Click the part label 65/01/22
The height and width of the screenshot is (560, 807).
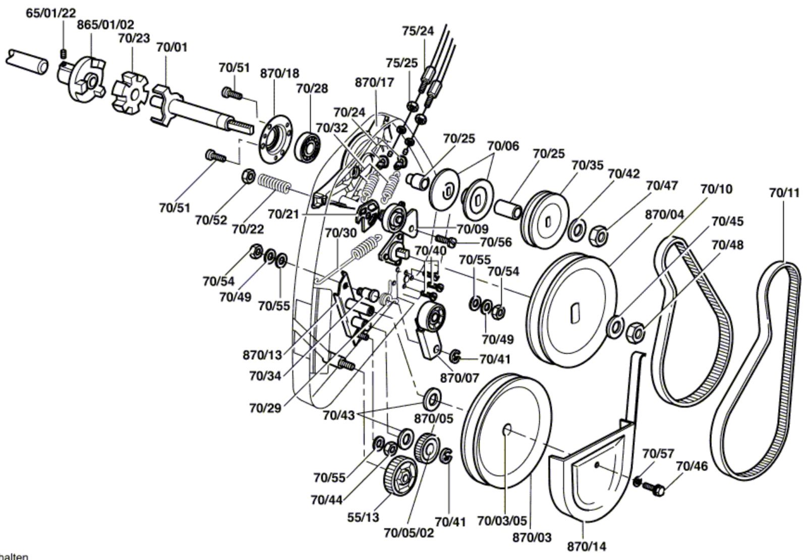[51, 13]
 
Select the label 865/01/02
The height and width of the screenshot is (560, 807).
[105, 25]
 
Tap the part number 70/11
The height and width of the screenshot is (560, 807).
[784, 193]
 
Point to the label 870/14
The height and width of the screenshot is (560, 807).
[587, 546]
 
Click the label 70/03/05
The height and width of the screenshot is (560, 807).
[502, 520]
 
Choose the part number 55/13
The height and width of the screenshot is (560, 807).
[363, 517]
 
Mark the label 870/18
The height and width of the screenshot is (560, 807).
[279, 73]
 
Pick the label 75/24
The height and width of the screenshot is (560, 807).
[418, 31]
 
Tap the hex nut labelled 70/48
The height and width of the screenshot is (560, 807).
[636, 332]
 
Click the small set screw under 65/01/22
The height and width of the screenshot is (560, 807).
[64, 53]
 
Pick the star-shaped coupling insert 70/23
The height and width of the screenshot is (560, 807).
[130, 94]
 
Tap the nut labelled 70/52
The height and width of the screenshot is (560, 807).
[248, 176]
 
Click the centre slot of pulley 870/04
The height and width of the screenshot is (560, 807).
[575, 312]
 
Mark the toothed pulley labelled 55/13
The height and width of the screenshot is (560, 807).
[400, 476]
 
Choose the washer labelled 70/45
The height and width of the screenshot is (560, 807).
[615, 326]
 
